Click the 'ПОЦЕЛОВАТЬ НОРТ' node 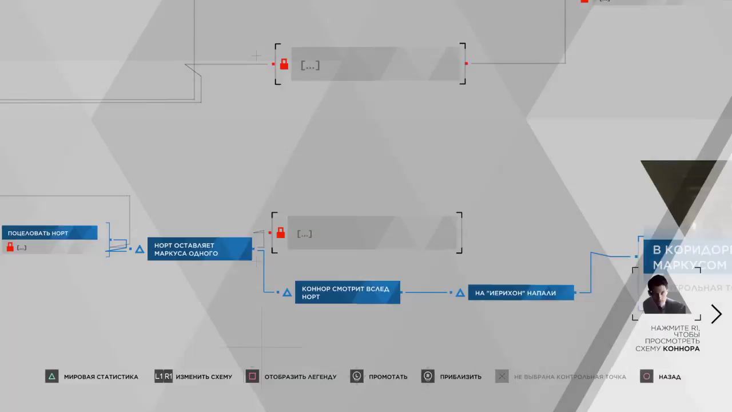tap(49, 233)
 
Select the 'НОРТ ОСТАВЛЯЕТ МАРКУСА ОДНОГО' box tap(200, 249)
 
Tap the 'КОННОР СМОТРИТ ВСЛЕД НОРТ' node tap(347, 292)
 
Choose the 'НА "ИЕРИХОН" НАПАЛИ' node tap(520, 293)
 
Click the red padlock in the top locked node tap(284, 64)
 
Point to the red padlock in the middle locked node tap(280, 233)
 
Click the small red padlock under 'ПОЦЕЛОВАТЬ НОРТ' tap(10, 247)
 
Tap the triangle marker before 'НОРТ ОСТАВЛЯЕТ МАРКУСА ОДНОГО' tap(140, 249)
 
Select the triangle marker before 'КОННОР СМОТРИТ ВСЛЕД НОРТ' tap(287, 292)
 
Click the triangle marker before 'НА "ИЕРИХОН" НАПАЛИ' tap(460, 293)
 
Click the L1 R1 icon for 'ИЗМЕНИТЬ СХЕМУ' tap(164, 377)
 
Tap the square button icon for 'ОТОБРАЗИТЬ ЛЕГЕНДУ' tap(252, 377)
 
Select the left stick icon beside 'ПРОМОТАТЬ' tap(357, 377)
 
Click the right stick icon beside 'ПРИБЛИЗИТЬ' tap(428, 377)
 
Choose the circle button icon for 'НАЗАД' tap(647, 377)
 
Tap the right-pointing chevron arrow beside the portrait tap(717, 314)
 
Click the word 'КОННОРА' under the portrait tap(681, 348)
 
